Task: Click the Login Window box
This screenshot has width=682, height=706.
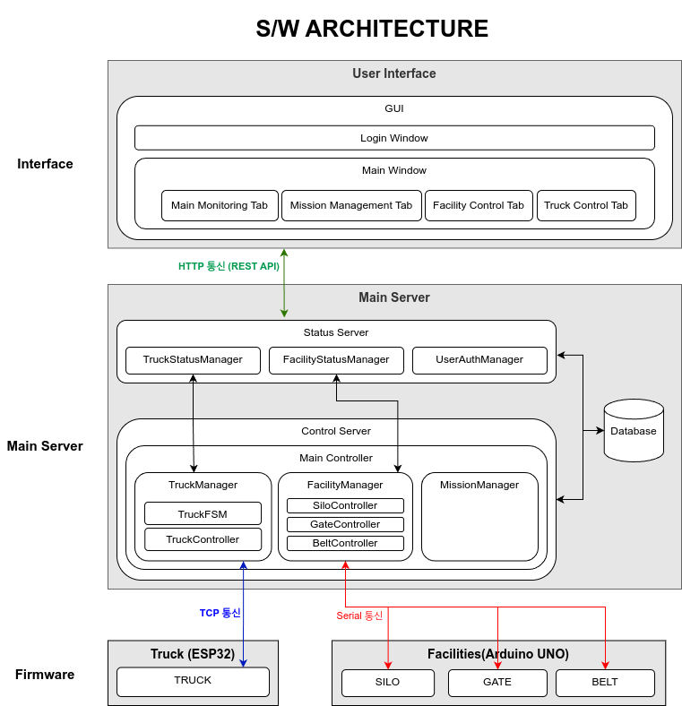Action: click(x=394, y=138)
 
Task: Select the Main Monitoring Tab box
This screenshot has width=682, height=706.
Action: click(x=219, y=205)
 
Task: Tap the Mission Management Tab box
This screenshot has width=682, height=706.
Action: click(x=351, y=205)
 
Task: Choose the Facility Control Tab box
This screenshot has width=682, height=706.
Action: click(x=479, y=205)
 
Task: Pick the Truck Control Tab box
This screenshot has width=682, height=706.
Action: click(x=586, y=205)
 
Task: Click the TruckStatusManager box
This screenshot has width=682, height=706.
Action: click(x=193, y=360)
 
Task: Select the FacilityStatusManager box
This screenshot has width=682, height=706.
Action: click(x=336, y=360)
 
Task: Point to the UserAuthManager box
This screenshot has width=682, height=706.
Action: click(x=479, y=360)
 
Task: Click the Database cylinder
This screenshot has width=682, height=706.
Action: click(x=634, y=431)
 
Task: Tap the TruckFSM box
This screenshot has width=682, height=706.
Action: click(x=203, y=513)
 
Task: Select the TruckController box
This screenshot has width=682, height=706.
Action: click(x=203, y=539)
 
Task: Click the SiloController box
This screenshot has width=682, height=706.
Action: click(x=345, y=505)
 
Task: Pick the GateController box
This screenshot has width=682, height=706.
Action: click(x=345, y=524)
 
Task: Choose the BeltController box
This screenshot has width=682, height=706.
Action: click(x=345, y=543)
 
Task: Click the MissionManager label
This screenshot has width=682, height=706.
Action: click(x=479, y=485)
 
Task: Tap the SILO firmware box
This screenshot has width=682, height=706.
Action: click(x=387, y=683)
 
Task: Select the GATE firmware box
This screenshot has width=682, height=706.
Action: click(x=497, y=683)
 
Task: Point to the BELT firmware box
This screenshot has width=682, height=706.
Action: click(x=605, y=683)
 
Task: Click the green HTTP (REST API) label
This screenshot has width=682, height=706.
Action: click(x=229, y=266)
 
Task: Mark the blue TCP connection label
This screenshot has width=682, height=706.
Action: click(x=220, y=613)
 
